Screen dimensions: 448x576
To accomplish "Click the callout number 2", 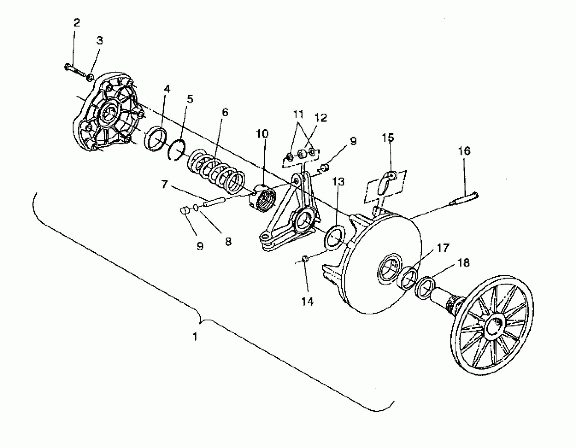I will [76, 23].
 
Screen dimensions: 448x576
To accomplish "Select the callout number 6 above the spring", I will [225, 113].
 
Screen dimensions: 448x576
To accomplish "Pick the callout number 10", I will [262, 134].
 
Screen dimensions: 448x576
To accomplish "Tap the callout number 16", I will [464, 151].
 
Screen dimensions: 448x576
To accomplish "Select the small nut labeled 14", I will [305, 259].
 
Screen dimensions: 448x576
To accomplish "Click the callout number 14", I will [307, 301].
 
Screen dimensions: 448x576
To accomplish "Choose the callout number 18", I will [464, 263].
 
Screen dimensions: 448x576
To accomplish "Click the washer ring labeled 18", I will [425, 288].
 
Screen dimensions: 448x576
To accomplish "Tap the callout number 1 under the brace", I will [195, 337].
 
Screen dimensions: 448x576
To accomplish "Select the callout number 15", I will [388, 138].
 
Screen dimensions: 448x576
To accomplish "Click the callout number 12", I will [321, 118].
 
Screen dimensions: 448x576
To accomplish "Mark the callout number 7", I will [164, 184].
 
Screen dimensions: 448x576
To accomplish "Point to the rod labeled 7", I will [214, 202].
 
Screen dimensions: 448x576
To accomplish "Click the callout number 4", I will [167, 89].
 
